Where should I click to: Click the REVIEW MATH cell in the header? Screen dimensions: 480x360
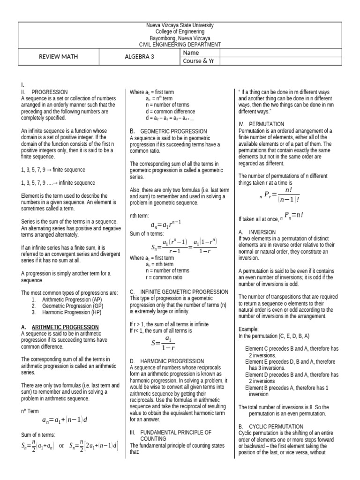pyautogui.click(x=58, y=57)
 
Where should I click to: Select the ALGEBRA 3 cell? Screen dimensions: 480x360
pyautogui.click(x=139, y=57)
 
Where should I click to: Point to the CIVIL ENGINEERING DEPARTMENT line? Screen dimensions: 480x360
pyautogui.click(x=180, y=45)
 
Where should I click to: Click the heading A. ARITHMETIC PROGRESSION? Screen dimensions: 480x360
pyautogui.click(x=60, y=327)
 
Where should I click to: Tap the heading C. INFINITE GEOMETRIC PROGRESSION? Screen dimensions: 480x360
pyautogui.click(x=179, y=292)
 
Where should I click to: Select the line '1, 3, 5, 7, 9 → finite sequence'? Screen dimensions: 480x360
pyautogui.click(x=53, y=169)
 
